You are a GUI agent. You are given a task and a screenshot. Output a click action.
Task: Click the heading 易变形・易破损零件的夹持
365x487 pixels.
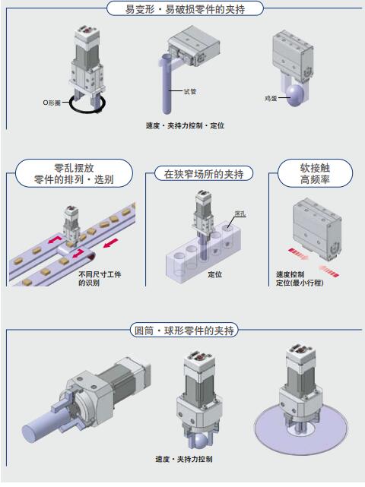click(185, 9)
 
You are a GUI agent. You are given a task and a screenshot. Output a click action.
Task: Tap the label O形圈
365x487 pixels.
click(52, 103)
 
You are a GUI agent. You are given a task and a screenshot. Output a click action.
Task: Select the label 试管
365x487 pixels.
click(190, 91)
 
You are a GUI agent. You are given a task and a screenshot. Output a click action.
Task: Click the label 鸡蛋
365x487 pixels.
click(271, 99)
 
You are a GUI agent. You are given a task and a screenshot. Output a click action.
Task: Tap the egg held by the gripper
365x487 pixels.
click(295, 95)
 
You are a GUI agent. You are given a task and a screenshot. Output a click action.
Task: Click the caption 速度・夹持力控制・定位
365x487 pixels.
click(185, 125)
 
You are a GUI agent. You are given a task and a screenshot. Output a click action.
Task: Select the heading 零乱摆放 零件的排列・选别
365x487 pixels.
click(74, 174)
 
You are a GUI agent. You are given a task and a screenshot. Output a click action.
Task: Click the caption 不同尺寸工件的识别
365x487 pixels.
click(100, 278)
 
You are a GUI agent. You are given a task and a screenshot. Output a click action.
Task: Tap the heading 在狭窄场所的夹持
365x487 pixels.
click(204, 174)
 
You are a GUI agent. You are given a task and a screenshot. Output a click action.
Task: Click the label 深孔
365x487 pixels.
click(240, 213)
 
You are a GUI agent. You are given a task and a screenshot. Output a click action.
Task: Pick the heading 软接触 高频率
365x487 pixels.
click(315, 174)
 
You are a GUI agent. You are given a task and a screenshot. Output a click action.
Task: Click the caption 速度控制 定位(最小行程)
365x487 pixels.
click(300, 279)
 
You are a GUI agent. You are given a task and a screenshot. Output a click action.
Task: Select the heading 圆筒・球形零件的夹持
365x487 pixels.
click(184, 330)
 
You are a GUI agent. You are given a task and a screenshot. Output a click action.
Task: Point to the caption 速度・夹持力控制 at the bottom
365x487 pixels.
click(184, 459)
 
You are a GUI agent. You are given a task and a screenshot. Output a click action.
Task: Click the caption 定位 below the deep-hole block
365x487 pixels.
click(215, 274)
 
